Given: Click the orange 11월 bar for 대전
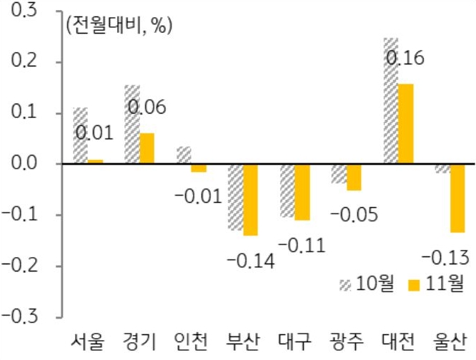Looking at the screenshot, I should click(x=405, y=124).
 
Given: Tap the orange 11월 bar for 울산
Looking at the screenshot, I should click(x=457, y=198).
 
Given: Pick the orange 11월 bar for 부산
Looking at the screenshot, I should click(x=250, y=199).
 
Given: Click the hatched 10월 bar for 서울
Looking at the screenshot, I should click(x=80, y=136).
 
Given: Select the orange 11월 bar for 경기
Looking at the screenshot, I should click(x=147, y=148).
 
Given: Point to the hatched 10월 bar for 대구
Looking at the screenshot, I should click(x=287, y=191).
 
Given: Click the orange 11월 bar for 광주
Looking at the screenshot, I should click(x=354, y=177).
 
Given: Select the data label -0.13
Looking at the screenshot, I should click(x=446, y=257).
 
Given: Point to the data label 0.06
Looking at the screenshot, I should click(x=147, y=109).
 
